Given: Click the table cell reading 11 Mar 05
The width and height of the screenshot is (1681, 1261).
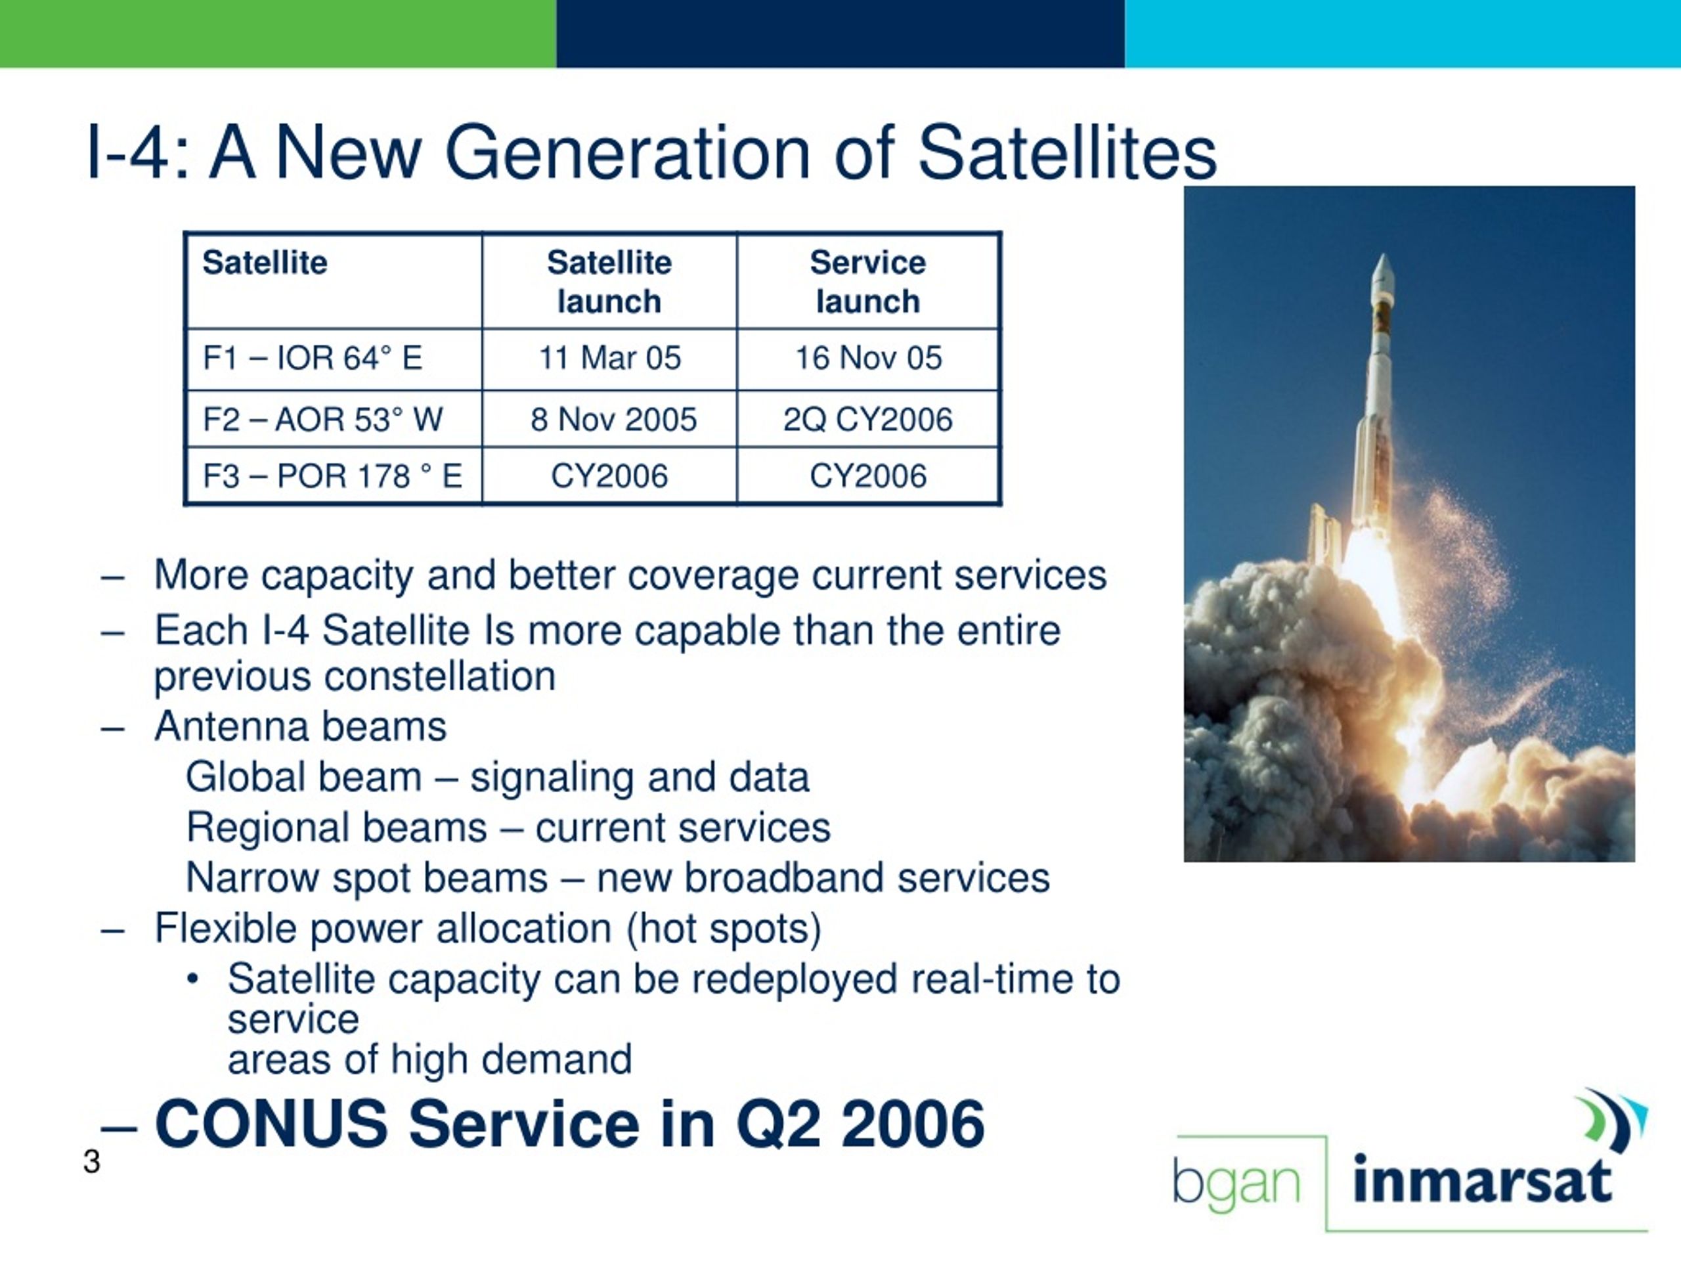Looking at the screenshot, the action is coord(609,358).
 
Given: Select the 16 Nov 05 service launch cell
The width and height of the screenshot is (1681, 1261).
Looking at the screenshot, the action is coord(868,358).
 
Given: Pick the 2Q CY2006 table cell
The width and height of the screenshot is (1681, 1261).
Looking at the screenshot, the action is coord(868,419).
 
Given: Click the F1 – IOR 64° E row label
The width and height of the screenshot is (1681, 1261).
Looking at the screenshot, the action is coord(313,358).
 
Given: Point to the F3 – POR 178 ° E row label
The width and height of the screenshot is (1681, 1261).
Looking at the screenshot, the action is coord(332,476).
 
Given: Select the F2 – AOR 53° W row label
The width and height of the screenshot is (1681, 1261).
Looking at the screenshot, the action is coord(322,419).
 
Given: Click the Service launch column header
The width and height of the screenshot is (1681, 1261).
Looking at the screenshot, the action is coord(868,282).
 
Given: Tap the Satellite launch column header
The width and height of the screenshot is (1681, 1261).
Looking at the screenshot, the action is coord(609,282).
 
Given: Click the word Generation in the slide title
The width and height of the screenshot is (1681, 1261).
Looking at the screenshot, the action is coord(627,153).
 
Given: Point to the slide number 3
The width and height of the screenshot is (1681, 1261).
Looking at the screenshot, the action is coord(92,1161).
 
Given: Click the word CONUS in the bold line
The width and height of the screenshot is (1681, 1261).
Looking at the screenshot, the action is coord(271,1124).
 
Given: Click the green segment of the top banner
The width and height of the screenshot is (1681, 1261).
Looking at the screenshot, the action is coord(278,33).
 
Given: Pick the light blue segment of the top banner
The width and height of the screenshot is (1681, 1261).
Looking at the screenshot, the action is coord(1403,33).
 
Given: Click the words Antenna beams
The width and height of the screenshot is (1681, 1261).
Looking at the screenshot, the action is coord(301,726).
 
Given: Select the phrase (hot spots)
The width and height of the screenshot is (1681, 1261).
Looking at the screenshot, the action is coord(724,929).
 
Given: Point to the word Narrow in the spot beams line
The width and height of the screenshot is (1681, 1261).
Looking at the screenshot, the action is coord(253,877).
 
